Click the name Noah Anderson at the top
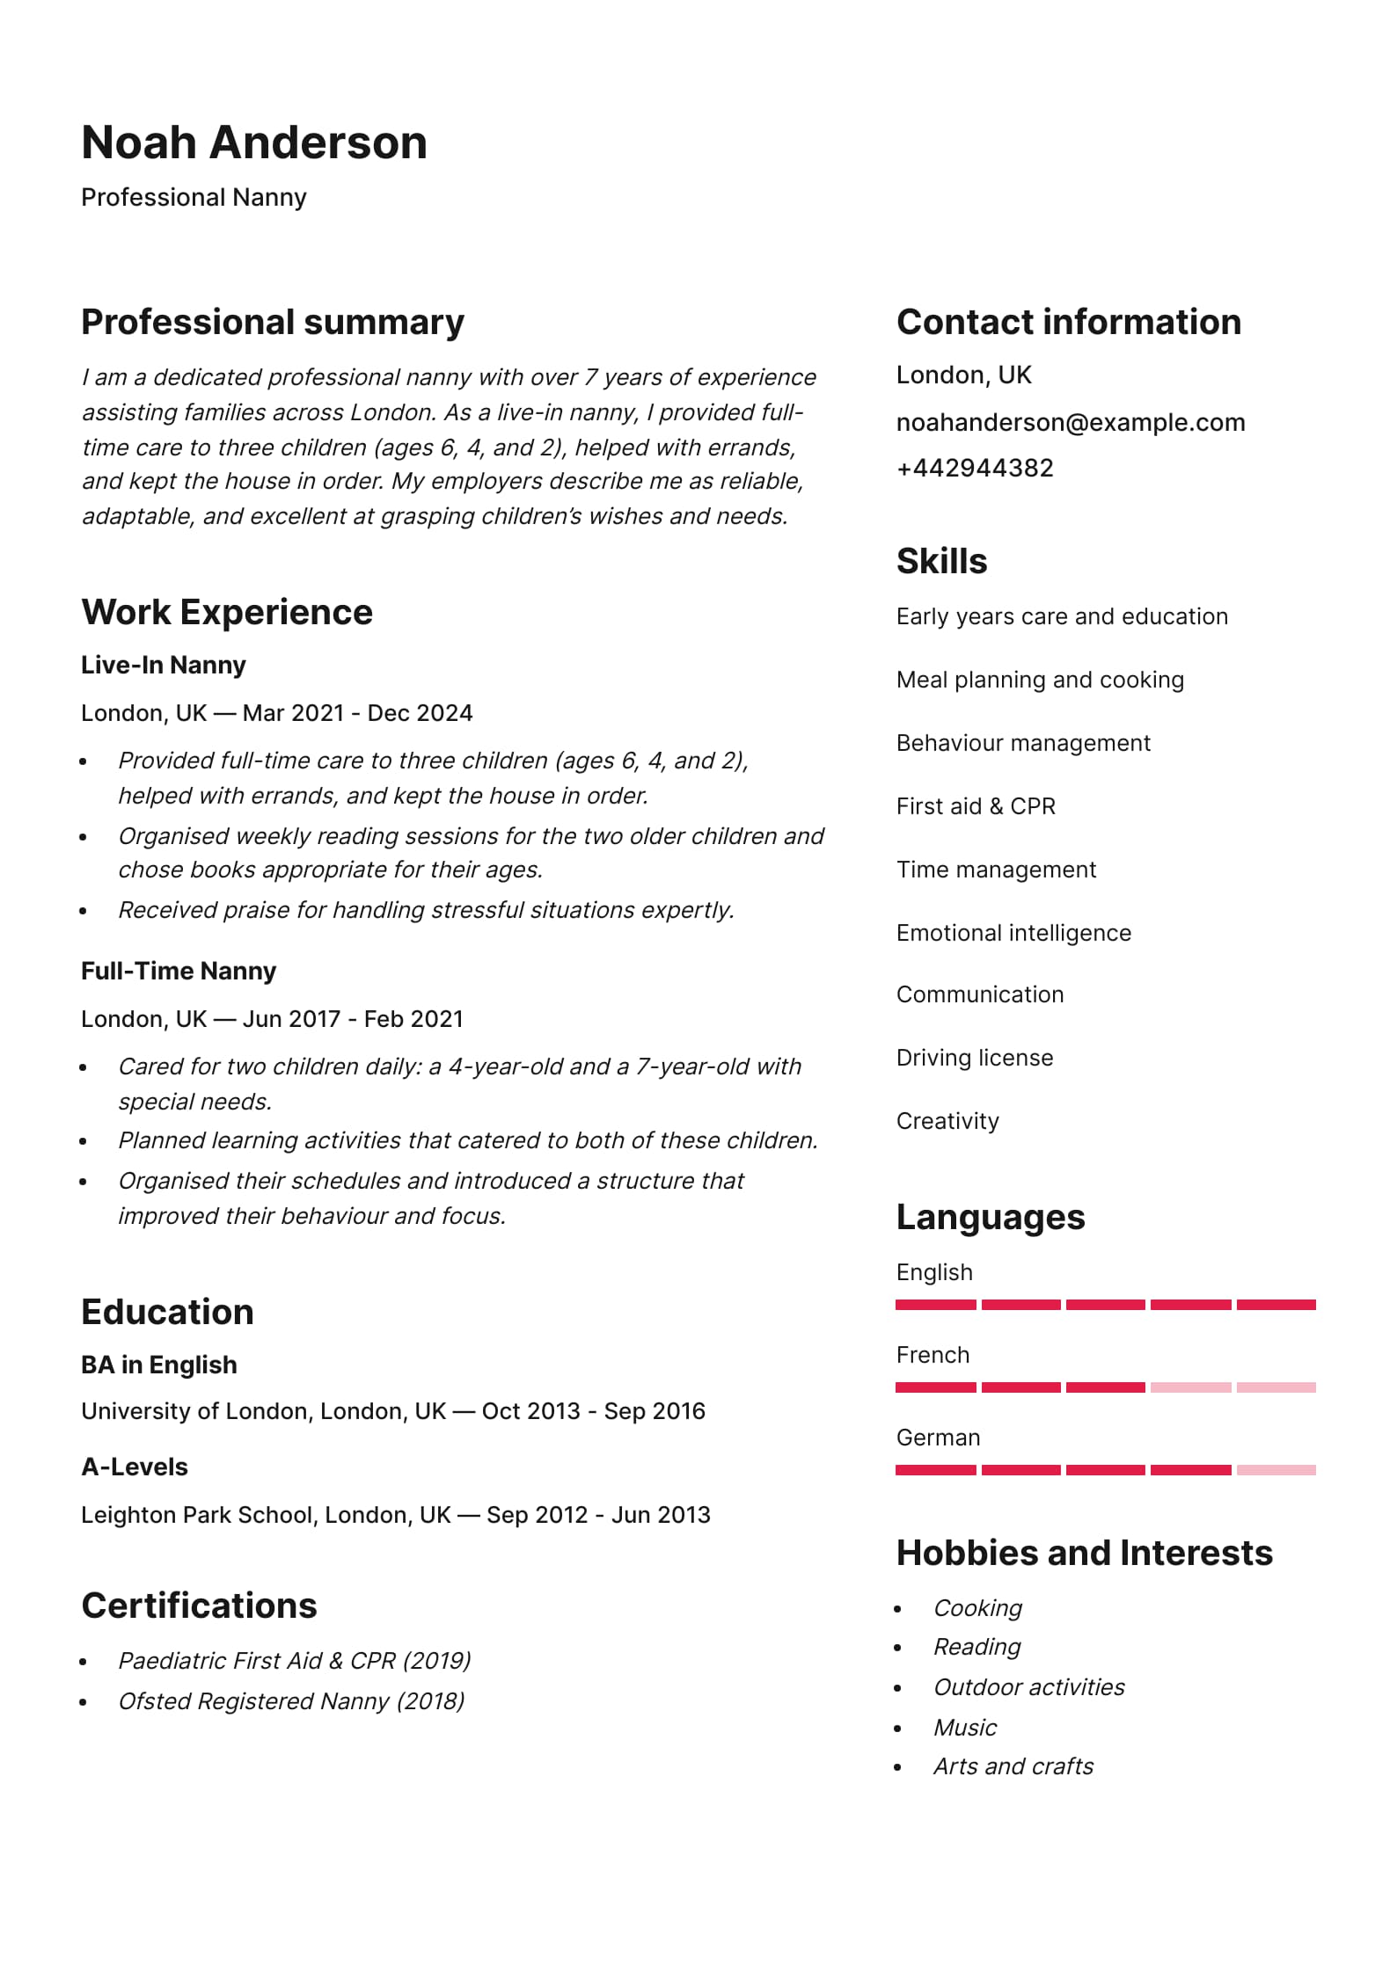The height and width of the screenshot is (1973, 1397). coord(254,142)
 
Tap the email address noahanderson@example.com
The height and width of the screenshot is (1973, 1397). coord(1070,422)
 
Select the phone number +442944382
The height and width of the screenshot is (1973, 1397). coord(974,468)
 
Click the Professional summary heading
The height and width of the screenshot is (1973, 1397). coord(272,322)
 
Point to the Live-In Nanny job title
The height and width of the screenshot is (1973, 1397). coord(163,665)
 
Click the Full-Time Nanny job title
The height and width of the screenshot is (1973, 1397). coord(178,971)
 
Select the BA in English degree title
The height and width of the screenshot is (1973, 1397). coord(158,1365)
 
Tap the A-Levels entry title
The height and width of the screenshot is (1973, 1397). coord(134,1467)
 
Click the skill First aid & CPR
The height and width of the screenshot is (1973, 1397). coord(975,806)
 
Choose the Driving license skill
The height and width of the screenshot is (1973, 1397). coord(974,1058)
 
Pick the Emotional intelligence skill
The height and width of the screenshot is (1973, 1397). coord(1013,933)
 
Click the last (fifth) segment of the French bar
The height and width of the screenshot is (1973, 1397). coord(1276,1387)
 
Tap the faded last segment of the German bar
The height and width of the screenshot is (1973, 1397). coord(1276,1470)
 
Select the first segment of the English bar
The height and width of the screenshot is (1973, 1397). coord(935,1305)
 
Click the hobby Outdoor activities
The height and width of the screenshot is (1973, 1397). coord(1028,1687)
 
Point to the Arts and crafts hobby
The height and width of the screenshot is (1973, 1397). coord(1013,1766)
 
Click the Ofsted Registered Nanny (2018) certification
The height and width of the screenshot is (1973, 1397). coord(291,1701)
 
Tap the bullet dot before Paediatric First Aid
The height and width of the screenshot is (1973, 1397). coord(84,1662)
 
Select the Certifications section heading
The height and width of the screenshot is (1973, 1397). coord(199,1605)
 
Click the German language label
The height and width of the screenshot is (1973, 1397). coord(938,1438)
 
